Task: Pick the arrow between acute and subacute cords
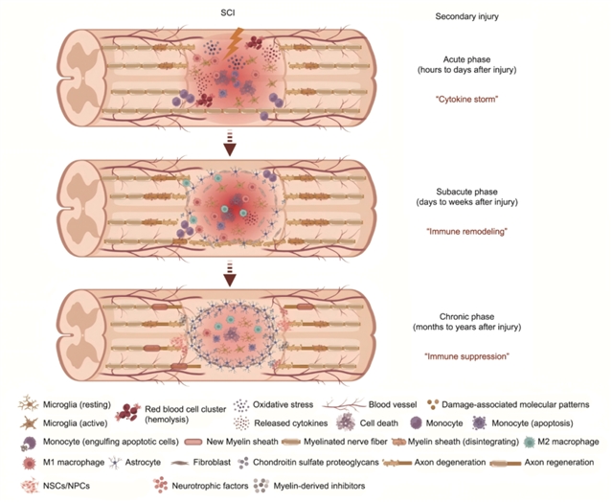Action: [229, 144]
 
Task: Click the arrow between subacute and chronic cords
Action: [229, 278]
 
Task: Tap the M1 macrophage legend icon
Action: [29, 464]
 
